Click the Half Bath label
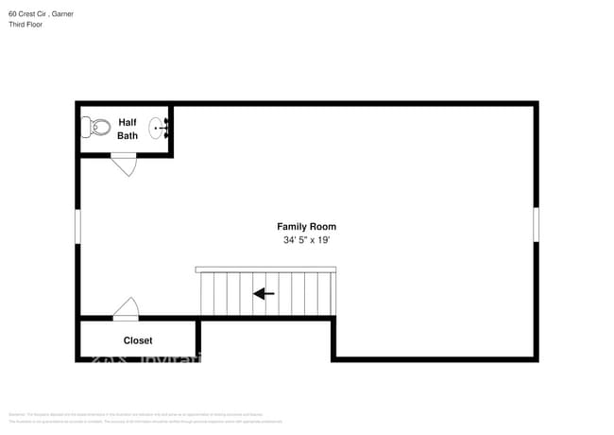[x=128, y=129]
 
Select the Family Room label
[x=306, y=226]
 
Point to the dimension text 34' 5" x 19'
[x=306, y=241]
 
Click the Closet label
[x=138, y=340]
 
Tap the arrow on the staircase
[x=264, y=294]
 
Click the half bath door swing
[x=124, y=165]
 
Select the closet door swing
[x=126, y=307]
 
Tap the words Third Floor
[x=26, y=25]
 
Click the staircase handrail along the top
[x=265, y=270]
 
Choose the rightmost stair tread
[x=329, y=294]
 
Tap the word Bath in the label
[x=128, y=135]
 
